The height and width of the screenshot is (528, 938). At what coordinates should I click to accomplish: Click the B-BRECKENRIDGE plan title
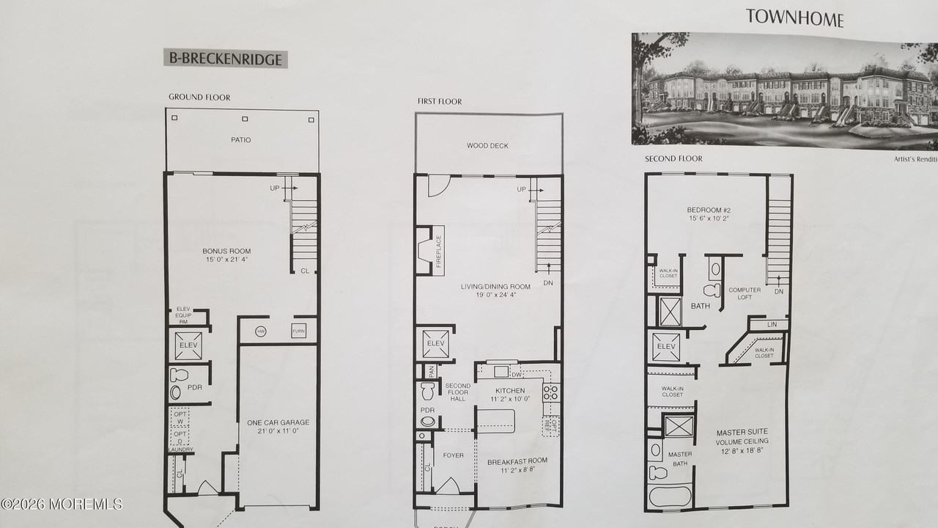point(225,59)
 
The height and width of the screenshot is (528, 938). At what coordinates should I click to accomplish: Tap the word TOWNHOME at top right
point(794,18)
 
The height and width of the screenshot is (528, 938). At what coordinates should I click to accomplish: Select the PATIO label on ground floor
point(241,139)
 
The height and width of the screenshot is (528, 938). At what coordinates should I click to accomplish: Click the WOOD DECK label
point(487,146)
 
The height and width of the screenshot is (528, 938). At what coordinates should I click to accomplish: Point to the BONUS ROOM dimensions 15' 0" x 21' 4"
point(227,260)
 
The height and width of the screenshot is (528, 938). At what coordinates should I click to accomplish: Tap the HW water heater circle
point(261,331)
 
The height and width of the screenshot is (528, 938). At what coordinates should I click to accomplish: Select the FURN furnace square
point(298,331)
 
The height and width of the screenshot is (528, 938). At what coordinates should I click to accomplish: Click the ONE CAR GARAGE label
point(278,422)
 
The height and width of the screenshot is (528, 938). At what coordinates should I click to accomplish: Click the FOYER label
point(454,455)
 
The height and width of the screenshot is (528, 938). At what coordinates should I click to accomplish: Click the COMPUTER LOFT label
point(745,294)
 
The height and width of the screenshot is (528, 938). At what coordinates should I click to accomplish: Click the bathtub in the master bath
point(670,496)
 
